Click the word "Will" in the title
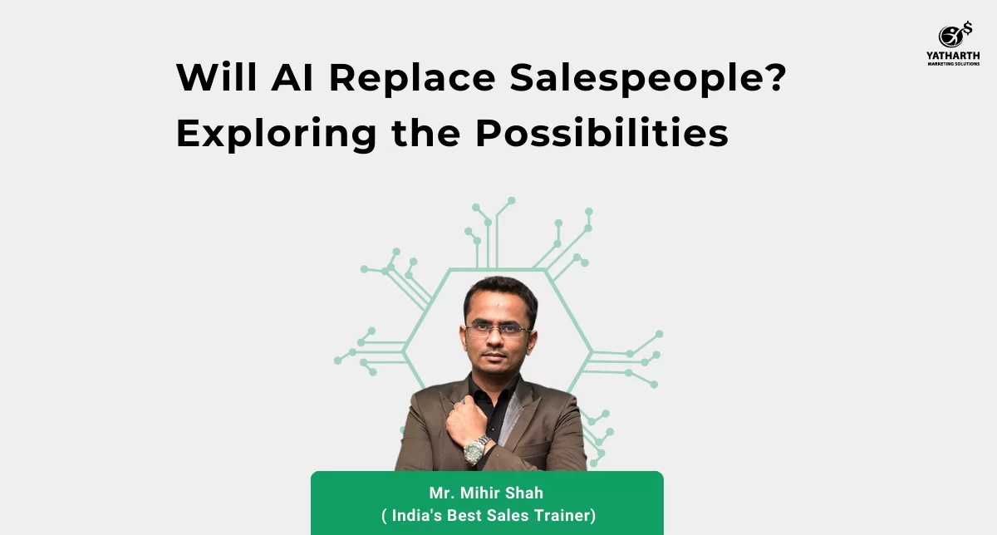tap(217, 77)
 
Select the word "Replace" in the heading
tap(412, 79)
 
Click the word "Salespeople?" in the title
tap(648, 79)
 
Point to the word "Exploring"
tap(277, 135)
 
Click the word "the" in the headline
tap(426, 133)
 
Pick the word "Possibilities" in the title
tap(602, 133)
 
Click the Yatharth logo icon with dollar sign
tap(955, 35)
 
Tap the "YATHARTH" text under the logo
tap(953, 56)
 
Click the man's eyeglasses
tap(498, 330)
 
